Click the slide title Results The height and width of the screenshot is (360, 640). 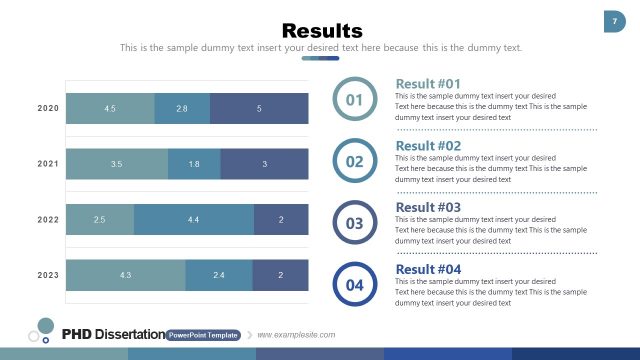[x=321, y=30]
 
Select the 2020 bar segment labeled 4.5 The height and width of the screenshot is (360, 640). [x=110, y=108]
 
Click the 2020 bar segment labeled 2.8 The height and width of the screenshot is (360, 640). [x=182, y=108]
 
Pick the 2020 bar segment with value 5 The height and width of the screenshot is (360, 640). [x=259, y=108]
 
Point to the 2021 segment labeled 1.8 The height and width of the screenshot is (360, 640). [x=194, y=163]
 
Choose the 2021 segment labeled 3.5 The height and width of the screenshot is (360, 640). [x=117, y=163]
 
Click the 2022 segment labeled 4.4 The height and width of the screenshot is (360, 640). [x=193, y=219]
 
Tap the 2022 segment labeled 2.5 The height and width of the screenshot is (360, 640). [x=100, y=219]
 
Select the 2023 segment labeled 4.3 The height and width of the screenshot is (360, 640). [x=125, y=274]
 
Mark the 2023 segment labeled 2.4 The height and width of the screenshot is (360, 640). [x=218, y=274]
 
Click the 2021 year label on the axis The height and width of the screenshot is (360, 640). [x=48, y=164]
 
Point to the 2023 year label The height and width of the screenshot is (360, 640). [x=48, y=275]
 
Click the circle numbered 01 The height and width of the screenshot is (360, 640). [x=354, y=99]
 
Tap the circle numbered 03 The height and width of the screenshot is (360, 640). [x=354, y=223]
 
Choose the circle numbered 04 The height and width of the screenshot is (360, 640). [x=354, y=285]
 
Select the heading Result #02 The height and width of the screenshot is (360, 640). [x=428, y=146]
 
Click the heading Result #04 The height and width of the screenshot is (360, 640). [x=428, y=270]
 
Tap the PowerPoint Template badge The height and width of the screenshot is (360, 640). [x=203, y=335]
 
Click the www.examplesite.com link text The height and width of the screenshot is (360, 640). [x=297, y=335]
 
